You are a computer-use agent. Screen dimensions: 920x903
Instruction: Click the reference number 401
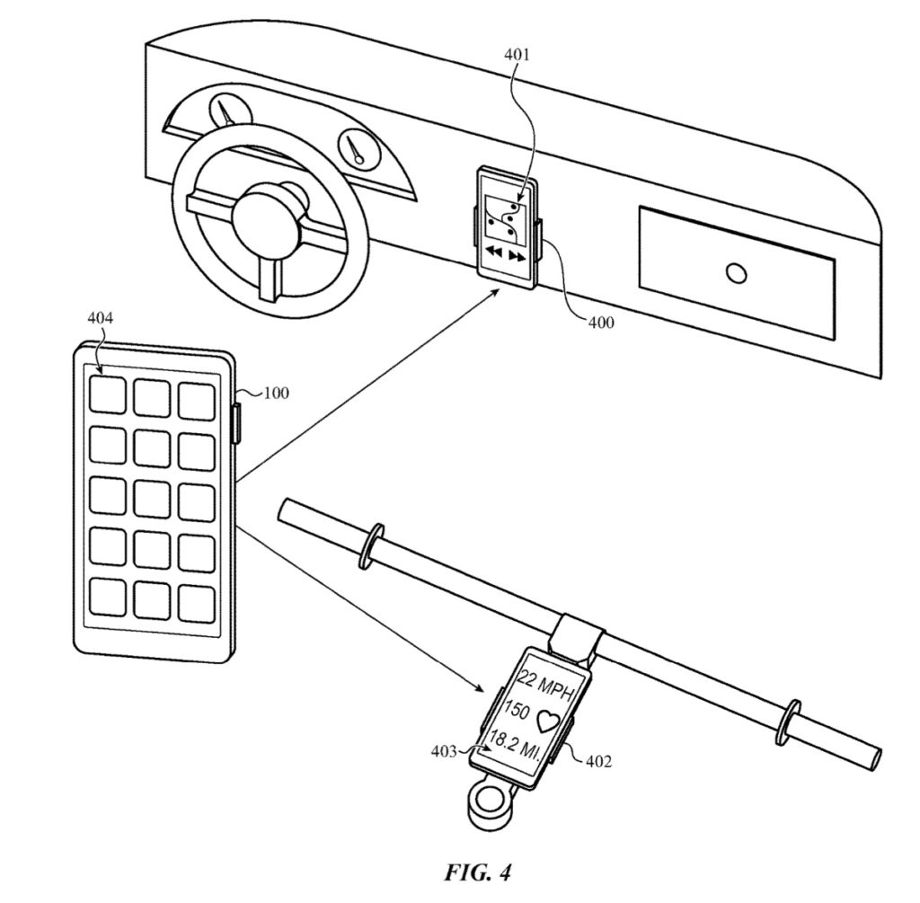pos(517,55)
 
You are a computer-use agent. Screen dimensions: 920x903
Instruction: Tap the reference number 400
pos(601,323)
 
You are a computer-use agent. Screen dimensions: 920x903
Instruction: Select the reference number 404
pos(101,318)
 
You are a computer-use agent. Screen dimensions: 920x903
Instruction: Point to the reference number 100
pos(276,393)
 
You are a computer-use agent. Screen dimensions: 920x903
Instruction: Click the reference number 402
pos(598,761)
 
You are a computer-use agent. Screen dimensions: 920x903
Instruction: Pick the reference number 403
pos(444,751)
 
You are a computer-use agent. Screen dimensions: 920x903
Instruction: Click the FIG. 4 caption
pos(477,872)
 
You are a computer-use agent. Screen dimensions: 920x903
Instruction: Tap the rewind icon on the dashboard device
pos(495,252)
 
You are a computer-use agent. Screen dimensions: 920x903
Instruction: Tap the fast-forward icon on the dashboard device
pos(517,256)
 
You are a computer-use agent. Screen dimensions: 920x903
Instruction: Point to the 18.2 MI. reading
pos(518,745)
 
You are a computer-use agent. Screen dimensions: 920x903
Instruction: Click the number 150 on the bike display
pos(517,711)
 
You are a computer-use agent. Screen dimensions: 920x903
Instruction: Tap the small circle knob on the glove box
pos(736,273)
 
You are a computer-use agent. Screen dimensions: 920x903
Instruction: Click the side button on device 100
pos(236,422)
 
